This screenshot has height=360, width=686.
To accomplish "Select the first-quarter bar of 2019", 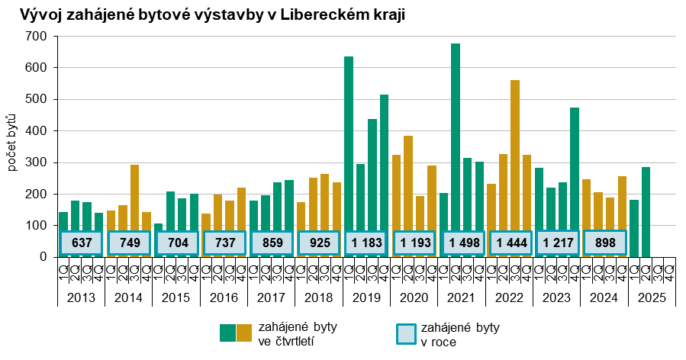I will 349,145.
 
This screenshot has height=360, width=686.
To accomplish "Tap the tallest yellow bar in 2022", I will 515,153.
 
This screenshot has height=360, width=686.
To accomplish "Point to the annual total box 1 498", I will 463,243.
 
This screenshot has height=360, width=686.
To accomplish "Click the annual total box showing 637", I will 82,243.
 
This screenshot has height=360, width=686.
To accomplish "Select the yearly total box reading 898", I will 605,243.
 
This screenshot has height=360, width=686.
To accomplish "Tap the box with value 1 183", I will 367,243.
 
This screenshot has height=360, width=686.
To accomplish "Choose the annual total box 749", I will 129,243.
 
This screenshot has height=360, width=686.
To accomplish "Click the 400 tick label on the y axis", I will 40,131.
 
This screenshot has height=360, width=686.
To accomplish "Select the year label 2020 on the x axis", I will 414,296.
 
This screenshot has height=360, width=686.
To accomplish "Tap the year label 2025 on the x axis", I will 652,296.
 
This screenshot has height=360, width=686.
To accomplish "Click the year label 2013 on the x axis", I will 81,296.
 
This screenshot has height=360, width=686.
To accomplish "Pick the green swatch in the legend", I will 227,333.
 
